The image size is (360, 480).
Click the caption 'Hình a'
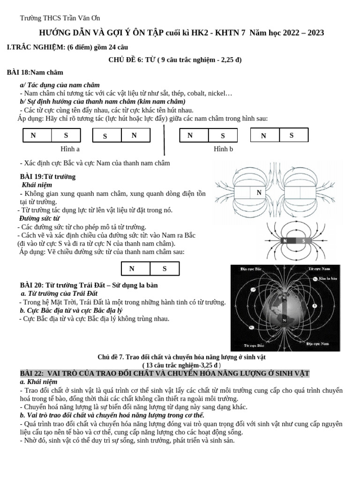pyautogui.click(x=70, y=149)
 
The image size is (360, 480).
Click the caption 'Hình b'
pyautogui.click(x=223, y=149)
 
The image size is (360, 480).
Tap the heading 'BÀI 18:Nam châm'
pyautogui.click(x=35, y=73)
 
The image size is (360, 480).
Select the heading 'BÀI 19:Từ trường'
pyautogui.click(x=47, y=177)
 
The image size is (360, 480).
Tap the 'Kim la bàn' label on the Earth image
pyautogui.click(x=328, y=278)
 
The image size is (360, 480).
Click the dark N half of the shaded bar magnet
pyautogui.click(x=285, y=240)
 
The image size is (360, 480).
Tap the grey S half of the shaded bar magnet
pyautogui.click(x=303, y=240)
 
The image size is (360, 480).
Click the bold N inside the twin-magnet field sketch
pyautogui.click(x=258, y=192)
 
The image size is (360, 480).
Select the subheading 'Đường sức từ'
pyautogui.click(x=39, y=218)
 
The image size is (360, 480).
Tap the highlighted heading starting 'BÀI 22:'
pyautogui.click(x=165, y=373)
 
